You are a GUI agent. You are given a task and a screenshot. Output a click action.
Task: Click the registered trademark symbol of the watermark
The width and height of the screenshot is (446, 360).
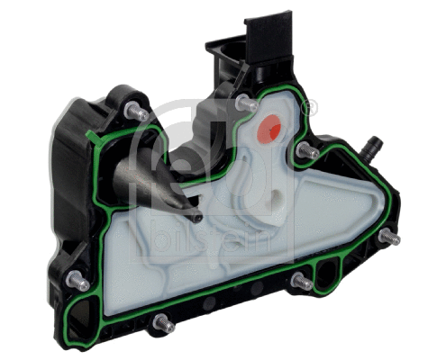(x=310, y=109)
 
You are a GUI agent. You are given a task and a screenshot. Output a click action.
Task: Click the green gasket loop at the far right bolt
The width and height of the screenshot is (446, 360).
(x=382, y=237)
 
